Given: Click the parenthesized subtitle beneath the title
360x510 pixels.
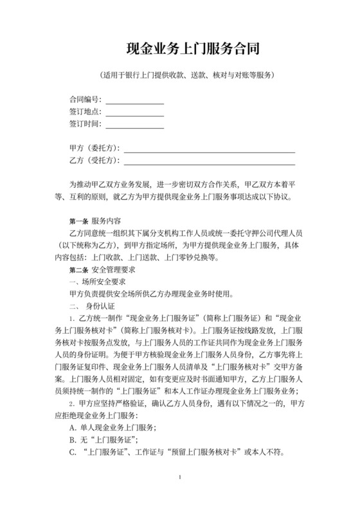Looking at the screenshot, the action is [180, 75].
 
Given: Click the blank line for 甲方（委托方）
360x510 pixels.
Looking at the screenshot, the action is [209, 150].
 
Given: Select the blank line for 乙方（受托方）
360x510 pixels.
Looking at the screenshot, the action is [209, 162].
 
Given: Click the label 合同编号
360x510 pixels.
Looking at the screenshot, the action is [84, 100].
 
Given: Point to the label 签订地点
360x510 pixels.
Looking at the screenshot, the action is [84, 112].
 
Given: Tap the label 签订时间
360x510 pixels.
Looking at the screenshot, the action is [84, 123].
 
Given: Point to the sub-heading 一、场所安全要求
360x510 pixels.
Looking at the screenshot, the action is [96, 281].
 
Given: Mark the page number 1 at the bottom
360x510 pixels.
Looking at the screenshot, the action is [181, 496].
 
